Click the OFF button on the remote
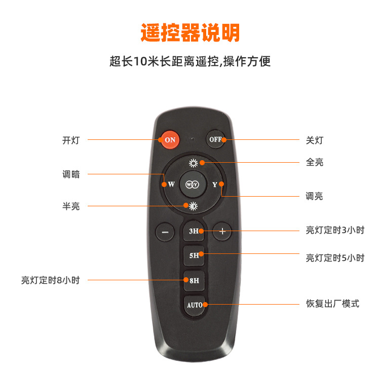216,139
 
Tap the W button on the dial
171,184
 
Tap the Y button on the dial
215,184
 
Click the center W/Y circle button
193,184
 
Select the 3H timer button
194,231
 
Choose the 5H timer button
194,255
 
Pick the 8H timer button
194,280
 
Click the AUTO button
194,305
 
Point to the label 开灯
71,140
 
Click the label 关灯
314,140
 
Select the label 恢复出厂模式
332,304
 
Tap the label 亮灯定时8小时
50,280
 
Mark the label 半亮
71,206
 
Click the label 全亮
314,162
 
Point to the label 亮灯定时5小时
335,257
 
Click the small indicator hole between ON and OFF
193,138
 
